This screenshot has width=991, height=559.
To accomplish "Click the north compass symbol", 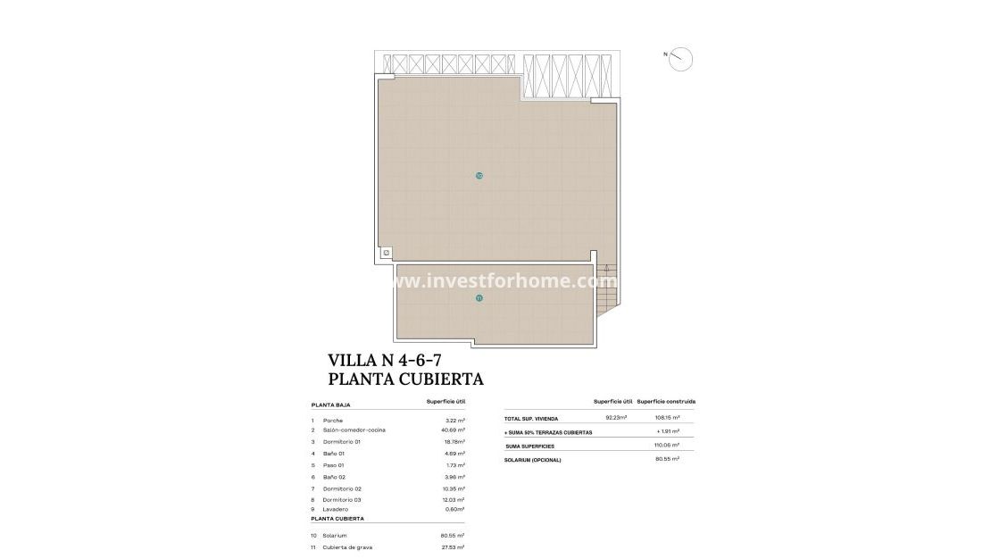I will pos(680,58).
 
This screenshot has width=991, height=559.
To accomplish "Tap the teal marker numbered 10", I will pos(479,176).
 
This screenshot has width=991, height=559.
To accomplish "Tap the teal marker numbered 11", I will pos(479,298).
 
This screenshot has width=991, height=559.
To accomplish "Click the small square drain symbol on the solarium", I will pos(386,253).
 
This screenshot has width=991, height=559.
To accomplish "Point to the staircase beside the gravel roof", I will pos(606,286).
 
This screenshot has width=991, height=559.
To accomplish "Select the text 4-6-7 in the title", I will pos(411,360).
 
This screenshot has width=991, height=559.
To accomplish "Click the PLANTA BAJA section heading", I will pos(330,405).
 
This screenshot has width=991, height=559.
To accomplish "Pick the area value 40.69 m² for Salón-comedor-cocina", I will pos(454,430).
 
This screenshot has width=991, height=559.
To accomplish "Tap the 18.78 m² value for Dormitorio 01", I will pos(454,442).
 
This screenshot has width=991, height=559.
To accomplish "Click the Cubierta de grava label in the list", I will pos(348,546).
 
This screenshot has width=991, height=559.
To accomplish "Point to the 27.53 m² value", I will pos(454,546).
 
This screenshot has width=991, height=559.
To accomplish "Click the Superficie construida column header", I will pos(666,402).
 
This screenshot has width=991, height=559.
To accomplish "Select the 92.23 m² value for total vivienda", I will pos(616,418).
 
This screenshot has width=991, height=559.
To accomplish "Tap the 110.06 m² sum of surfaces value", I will pos(667,445).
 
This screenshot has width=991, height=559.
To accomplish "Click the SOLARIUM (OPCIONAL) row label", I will pos(533,459).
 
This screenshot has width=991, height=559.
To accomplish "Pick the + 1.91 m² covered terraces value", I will pos(667,431).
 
